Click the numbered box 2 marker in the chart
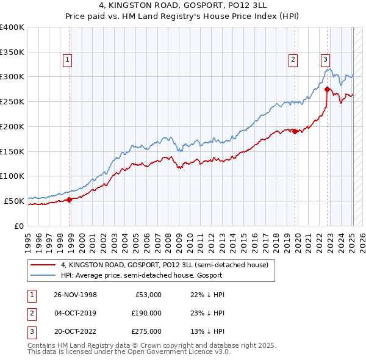coord(293,60)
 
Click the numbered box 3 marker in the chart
coord(326,60)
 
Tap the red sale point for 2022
coord(328,89)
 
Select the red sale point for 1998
coord(70,199)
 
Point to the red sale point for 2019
coord(295,131)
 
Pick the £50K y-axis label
coord(14,200)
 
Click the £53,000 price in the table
coord(148,295)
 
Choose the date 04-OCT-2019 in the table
coord(75,313)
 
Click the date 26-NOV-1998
coord(75,295)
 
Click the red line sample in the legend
coord(43,265)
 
